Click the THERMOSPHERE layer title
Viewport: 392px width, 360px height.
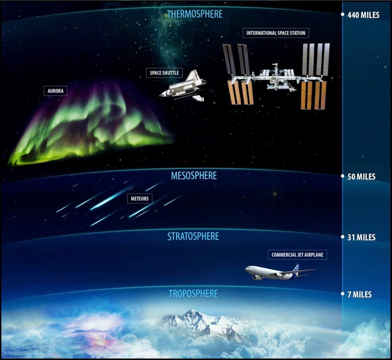pyautogui.click(x=195, y=14)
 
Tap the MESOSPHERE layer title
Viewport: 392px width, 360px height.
pyautogui.click(x=194, y=176)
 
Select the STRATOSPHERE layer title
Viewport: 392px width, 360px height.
pyautogui.click(x=193, y=236)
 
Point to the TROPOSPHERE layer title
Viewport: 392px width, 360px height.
pyautogui.click(x=193, y=294)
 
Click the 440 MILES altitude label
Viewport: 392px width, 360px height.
pyautogui.click(x=363, y=15)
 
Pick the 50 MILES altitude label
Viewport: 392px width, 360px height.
pyautogui.click(x=361, y=177)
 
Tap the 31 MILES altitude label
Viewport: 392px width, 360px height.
pyautogui.click(x=361, y=238)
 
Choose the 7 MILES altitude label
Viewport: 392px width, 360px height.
pyautogui.click(x=359, y=295)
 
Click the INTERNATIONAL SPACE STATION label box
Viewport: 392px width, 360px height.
pyautogui.click(x=276, y=33)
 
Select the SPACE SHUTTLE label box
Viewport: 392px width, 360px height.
pyautogui.click(x=164, y=73)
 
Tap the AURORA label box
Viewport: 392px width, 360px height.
pyautogui.click(x=55, y=91)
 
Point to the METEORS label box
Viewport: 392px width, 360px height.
pyautogui.click(x=140, y=199)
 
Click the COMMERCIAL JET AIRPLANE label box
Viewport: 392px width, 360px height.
pyautogui.click(x=297, y=255)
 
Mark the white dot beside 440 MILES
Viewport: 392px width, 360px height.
pyautogui.click(x=343, y=14)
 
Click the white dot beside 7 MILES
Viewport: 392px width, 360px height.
pyautogui.click(x=343, y=294)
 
